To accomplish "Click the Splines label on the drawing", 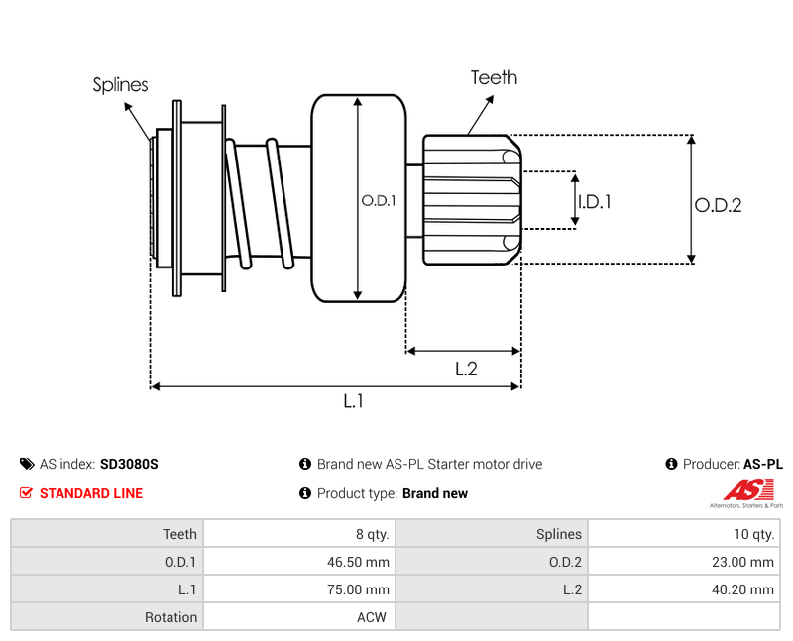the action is tap(120, 85).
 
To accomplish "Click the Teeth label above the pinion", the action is tap(494, 78).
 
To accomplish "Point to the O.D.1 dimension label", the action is tap(379, 201).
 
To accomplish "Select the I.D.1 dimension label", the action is tap(595, 202).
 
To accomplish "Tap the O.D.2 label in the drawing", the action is tap(718, 205).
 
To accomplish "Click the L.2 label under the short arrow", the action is tap(466, 369).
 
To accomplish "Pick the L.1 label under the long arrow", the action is tap(353, 401).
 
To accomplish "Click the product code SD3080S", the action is tap(129, 464).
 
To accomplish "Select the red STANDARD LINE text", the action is tap(91, 493).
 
